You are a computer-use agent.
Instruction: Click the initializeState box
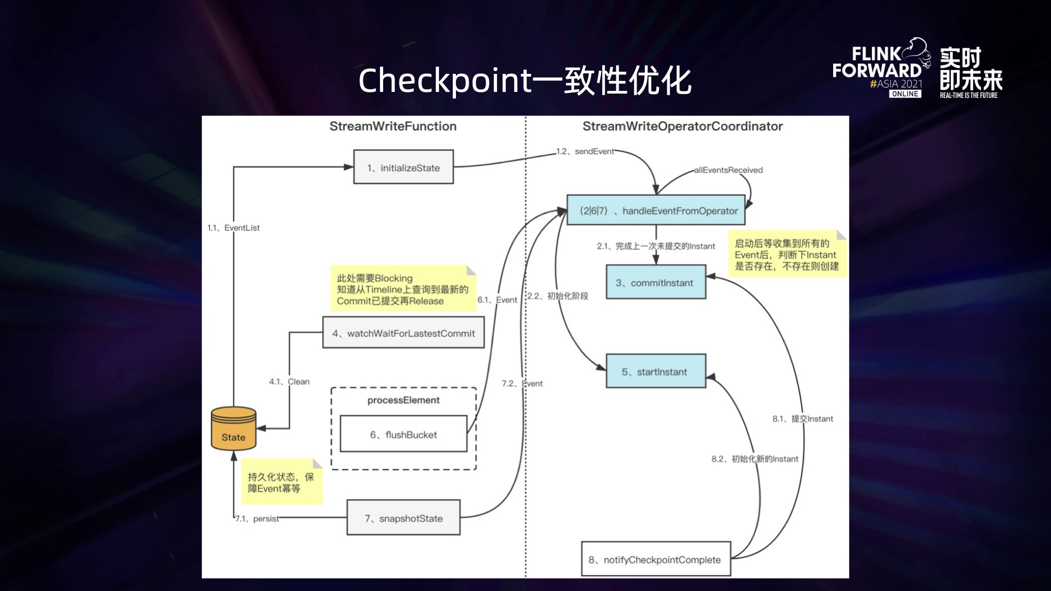403,167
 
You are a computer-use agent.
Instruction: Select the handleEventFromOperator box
656,210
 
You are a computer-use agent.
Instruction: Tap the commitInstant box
656,282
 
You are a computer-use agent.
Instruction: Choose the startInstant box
656,372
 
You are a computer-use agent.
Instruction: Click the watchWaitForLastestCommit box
403,333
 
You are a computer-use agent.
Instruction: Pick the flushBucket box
403,434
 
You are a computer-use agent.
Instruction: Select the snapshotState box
403,518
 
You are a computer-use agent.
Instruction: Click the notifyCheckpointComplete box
656,559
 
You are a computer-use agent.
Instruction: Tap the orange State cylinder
234,429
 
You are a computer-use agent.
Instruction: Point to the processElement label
403,400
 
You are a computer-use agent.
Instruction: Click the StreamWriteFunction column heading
393,126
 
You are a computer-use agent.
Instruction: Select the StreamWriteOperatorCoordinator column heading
683,126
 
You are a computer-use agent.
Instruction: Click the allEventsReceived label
729,170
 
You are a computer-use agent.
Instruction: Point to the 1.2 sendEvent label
585,152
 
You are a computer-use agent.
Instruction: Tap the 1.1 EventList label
234,228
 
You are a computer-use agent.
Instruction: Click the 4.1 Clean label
290,381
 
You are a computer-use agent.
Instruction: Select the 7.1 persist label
257,519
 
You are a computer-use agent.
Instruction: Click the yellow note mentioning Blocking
402,289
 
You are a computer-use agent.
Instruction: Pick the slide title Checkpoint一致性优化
525,80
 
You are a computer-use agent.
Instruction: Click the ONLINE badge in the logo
905,94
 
